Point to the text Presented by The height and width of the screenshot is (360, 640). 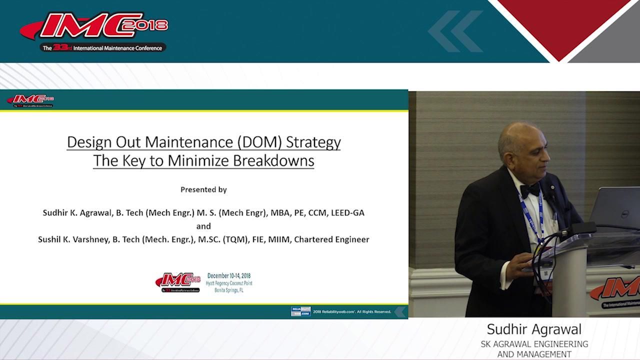point(203,189)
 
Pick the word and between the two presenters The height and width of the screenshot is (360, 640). point(203,226)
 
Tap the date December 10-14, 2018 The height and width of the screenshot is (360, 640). point(229,276)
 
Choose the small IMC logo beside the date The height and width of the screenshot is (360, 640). point(178,282)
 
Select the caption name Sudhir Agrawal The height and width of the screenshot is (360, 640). point(534,329)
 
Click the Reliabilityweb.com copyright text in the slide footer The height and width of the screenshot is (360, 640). point(352,311)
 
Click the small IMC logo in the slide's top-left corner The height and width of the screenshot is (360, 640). point(30,100)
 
